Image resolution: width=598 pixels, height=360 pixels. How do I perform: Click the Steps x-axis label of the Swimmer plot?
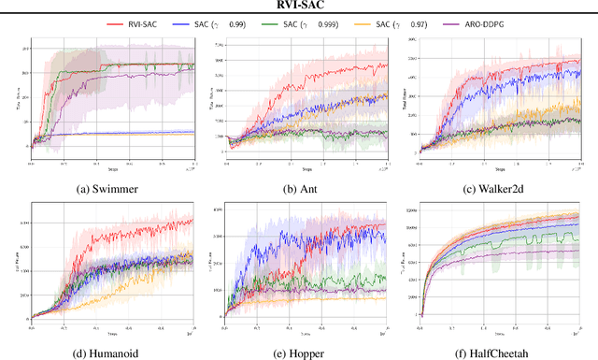pyautogui.click(x=111, y=170)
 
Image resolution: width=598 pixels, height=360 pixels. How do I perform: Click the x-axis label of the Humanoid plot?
pyautogui.click(x=111, y=332)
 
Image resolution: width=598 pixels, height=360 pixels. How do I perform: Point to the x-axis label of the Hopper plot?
pyautogui.click(x=306, y=332)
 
